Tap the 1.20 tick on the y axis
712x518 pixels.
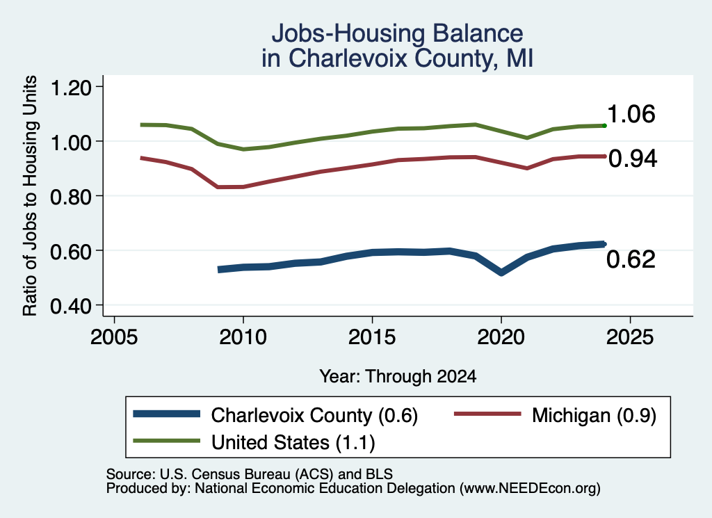pyautogui.click(x=70, y=87)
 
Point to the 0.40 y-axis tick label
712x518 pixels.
pyautogui.click(x=70, y=306)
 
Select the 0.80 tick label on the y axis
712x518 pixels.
pyautogui.click(x=70, y=197)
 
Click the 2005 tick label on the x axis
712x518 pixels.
pyautogui.click(x=115, y=337)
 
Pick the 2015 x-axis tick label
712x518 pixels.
pyautogui.click(x=372, y=337)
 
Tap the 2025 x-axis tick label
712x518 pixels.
pyautogui.click(x=630, y=337)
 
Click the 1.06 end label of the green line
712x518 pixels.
pyautogui.click(x=631, y=113)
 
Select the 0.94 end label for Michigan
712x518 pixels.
pyautogui.click(x=633, y=159)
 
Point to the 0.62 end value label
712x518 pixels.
pyautogui.click(x=631, y=259)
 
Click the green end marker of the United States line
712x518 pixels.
pyautogui.click(x=604, y=125)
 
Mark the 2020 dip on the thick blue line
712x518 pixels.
pyautogui.click(x=501, y=273)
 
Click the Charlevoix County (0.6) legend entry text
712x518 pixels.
pyautogui.click(x=314, y=415)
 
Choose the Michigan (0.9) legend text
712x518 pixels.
pyautogui.click(x=594, y=415)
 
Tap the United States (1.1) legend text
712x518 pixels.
pyautogui.click(x=293, y=442)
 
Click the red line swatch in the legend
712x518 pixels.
pyautogui.click(x=487, y=414)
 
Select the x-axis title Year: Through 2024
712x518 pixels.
pyautogui.click(x=398, y=376)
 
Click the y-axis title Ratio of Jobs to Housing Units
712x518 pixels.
pyautogui.click(x=30, y=195)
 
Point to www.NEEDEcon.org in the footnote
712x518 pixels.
pyautogui.click(x=529, y=488)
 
